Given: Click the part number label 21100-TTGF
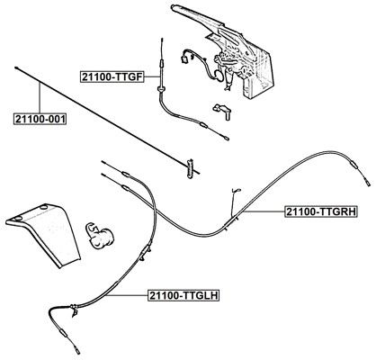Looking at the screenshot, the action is click(x=112, y=77).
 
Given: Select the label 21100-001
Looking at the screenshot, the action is click(x=40, y=119).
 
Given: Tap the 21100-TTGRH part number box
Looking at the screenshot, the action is click(x=321, y=211).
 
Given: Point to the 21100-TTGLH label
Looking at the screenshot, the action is click(x=184, y=295).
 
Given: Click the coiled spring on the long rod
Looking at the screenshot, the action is click(x=190, y=168).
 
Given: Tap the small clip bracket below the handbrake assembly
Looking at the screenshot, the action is click(x=222, y=111).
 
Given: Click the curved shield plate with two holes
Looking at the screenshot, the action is click(x=44, y=233).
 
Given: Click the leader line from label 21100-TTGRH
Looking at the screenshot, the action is click(x=264, y=211).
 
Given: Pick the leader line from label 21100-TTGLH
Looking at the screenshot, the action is click(x=127, y=295).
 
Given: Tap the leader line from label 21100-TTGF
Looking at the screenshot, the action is click(x=152, y=77).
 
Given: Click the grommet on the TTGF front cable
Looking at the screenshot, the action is click(x=161, y=89).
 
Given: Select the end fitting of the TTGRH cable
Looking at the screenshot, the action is click(x=367, y=182).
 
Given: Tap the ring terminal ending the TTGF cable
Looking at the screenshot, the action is click(x=226, y=139).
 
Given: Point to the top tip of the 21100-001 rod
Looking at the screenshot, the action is click(x=15, y=67).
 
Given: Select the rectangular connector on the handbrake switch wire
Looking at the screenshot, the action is click(x=184, y=59).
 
